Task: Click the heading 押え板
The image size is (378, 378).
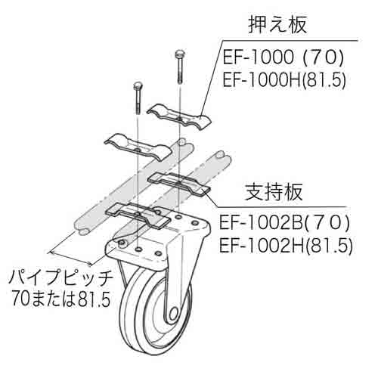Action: click(277, 25)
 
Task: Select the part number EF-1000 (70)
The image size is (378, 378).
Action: click(283, 58)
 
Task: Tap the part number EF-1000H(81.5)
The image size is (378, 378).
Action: click(284, 80)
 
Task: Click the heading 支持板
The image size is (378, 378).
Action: click(274, 192)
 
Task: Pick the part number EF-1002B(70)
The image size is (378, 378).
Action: click(284, 223)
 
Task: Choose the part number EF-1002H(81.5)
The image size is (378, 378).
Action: click(286, 246)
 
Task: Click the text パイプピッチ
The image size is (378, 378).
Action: click(60, 278)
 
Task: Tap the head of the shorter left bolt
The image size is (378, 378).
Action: click(138, 85)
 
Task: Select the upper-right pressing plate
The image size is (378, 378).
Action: click(179, 117)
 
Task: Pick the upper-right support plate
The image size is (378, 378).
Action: click(179, 184)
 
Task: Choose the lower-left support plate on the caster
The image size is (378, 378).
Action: click(138, 215)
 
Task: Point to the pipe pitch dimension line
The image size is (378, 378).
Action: click(71, 259)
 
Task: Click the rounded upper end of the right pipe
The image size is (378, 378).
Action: click(224, 156)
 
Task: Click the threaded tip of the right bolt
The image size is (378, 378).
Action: click(179, 80)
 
